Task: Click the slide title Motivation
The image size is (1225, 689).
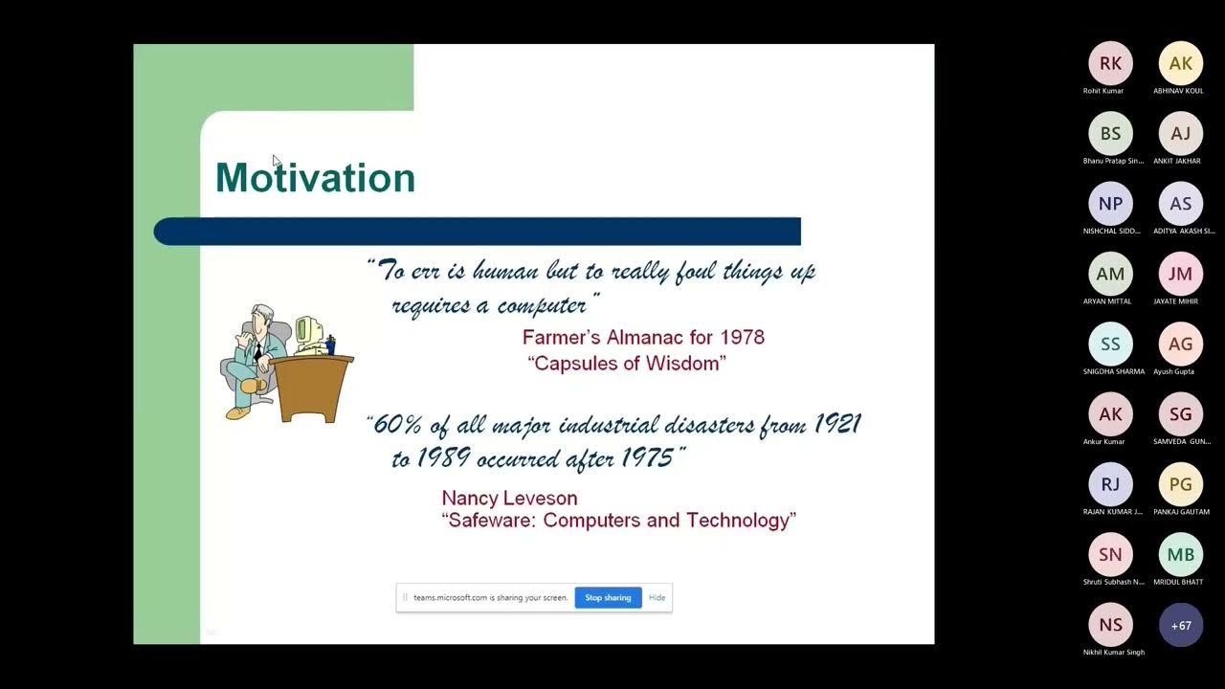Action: pos(315,178)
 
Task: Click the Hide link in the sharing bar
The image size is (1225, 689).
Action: pos(657,597)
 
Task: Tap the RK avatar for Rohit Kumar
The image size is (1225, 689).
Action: pos(1110,63)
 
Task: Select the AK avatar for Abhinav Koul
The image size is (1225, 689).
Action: pos(1180,63)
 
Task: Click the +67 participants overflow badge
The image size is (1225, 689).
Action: pos(1180,625)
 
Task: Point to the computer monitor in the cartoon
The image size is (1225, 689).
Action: pos(308,331)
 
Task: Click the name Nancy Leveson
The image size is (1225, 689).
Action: pos(509,499)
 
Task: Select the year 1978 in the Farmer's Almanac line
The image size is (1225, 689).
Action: pos(742,337)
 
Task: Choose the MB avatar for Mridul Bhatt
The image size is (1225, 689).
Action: pos(1180,555)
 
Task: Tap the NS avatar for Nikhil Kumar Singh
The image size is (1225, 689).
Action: pos(1110,625)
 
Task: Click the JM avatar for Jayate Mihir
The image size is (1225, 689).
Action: pos(1180,274)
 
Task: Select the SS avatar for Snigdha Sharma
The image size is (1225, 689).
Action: pos(1110,344)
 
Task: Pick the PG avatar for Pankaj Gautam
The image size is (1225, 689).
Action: pos(1180,484)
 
